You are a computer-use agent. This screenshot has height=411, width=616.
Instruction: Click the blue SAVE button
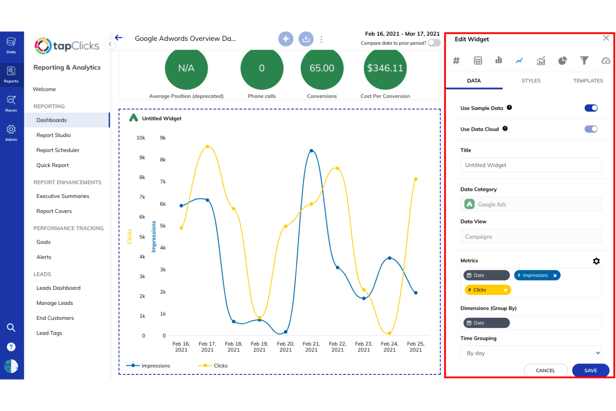point(590,370)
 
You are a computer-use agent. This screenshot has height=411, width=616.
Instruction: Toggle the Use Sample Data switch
point(591,108)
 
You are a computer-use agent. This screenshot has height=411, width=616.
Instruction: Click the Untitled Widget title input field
point(531,165)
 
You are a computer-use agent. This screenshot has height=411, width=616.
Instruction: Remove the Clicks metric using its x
point(506,290)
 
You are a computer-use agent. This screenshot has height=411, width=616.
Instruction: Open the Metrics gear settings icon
point(596,261)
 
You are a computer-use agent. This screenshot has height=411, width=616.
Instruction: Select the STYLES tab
point(531,81)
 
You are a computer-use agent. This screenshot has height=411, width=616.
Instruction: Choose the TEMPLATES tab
point(588,81)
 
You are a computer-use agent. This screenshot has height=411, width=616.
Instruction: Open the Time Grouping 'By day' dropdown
point(531,353)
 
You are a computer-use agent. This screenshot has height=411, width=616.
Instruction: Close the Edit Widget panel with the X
point(606,38)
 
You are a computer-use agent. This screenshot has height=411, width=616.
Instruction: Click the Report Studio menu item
point(54,135)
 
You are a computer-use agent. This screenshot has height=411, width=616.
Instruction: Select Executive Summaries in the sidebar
point(63,196)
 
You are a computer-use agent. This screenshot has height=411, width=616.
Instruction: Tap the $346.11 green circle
point(385,68)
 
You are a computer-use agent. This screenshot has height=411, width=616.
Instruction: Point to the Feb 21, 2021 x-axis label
point(311,347)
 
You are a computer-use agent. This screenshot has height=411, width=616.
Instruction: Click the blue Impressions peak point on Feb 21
point(312,151)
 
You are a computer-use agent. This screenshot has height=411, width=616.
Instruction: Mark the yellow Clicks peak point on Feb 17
point(207,147)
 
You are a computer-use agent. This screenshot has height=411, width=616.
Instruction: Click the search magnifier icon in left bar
point(11,328)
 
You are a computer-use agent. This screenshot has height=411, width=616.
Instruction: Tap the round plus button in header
point(286,39)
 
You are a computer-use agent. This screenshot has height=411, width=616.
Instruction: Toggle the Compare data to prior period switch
point(434,43)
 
